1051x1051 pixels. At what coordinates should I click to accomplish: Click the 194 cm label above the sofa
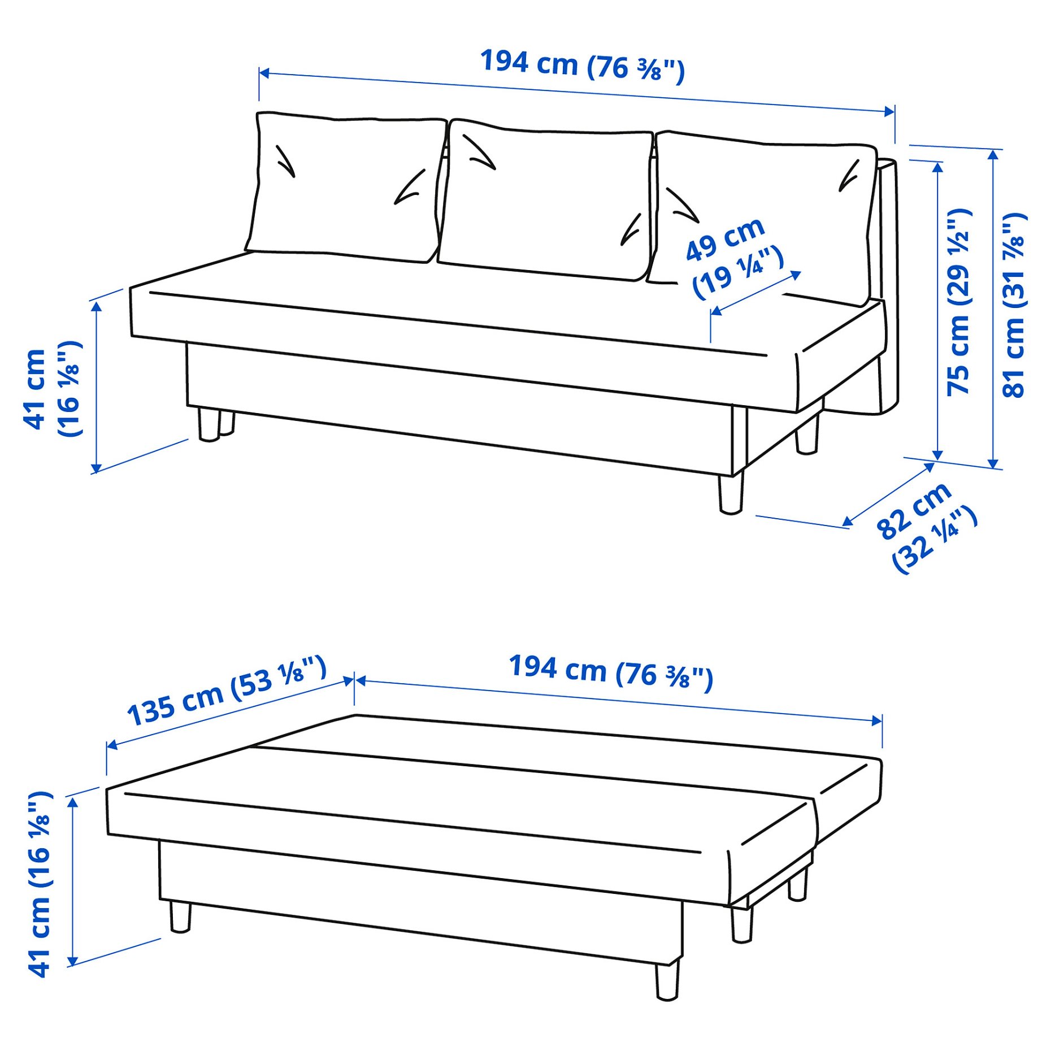[582, 66]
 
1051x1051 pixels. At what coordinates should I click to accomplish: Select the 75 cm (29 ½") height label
[959, 302]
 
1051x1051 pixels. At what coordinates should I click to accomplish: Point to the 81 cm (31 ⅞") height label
[1014, 305]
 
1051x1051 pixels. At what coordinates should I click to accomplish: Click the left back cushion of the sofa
[345, 186]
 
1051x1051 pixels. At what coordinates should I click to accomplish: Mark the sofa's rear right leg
[807, 435]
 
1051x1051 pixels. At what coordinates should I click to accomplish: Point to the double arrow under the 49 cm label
[756, 293]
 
